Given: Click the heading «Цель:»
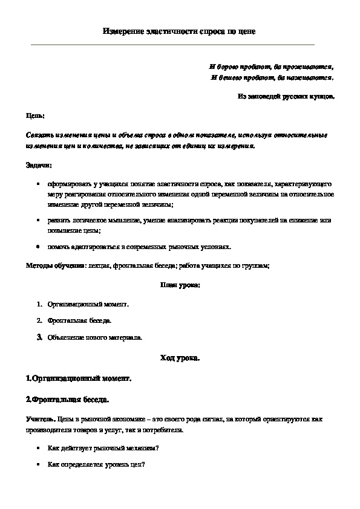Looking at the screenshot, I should [x=35, y=115].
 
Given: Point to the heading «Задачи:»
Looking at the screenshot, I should [x=39, y=164].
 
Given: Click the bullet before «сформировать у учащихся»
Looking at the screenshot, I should [x=38, y=183].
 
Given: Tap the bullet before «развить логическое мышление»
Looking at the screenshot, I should [x=38, y=221].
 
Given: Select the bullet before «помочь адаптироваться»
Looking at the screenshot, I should [x=38, y=247].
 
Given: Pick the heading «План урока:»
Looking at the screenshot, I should [x=180, y=284].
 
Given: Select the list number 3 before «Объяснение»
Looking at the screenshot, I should [x=39, y=337].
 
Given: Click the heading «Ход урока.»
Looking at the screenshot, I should [x=180, y=358].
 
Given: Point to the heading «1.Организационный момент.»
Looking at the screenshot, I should [x=79, y=378].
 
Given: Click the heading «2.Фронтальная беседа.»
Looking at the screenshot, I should [x=68, y=400].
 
